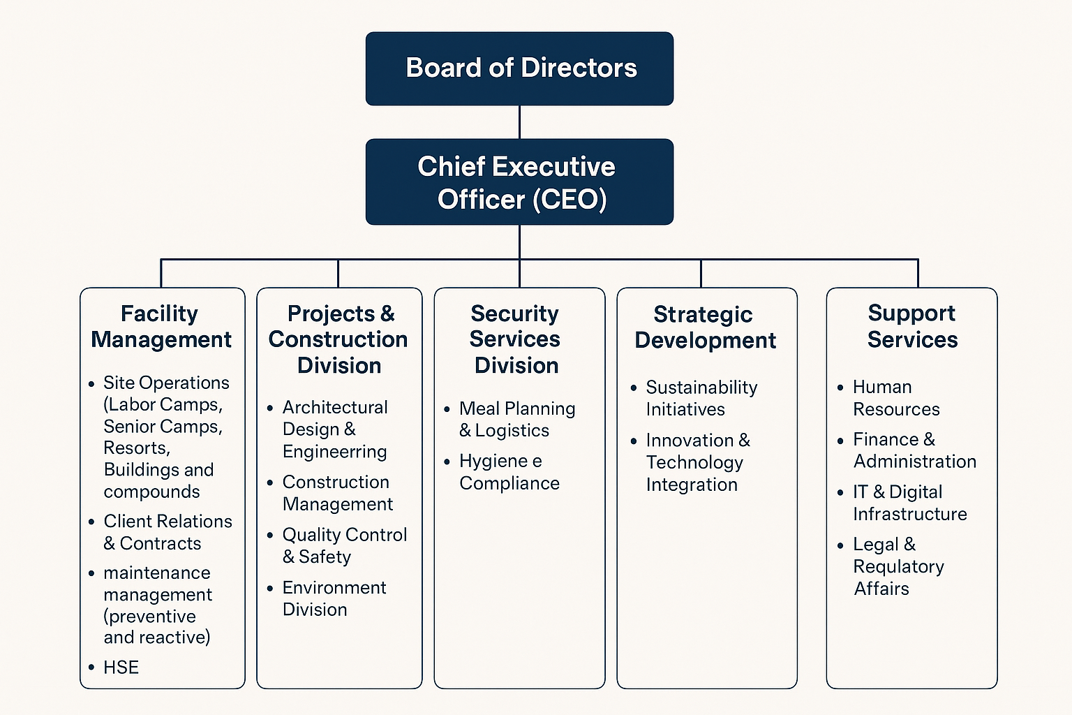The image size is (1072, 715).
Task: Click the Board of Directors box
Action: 519,68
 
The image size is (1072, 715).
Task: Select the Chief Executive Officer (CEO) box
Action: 519,182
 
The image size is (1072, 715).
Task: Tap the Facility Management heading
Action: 161,326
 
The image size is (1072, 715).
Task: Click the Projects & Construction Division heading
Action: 339,339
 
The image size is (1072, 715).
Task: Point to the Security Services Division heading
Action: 516,339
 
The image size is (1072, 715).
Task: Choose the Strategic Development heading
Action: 704,327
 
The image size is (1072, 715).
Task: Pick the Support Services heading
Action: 911,326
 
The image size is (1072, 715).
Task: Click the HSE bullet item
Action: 121,668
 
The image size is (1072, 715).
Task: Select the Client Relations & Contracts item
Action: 167,532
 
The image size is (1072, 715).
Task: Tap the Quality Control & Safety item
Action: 344,545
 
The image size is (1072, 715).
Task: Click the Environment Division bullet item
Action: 334,598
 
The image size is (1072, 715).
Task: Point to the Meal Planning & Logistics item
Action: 516,419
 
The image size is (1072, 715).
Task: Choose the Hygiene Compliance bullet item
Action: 509,472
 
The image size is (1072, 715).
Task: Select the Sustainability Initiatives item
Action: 701,398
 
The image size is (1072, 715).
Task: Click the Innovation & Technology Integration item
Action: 697,462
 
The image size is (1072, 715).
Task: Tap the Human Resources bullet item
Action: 895,398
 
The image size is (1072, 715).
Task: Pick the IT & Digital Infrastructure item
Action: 909,503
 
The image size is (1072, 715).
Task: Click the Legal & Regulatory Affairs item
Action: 898,566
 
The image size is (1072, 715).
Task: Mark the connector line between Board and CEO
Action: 519,122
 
